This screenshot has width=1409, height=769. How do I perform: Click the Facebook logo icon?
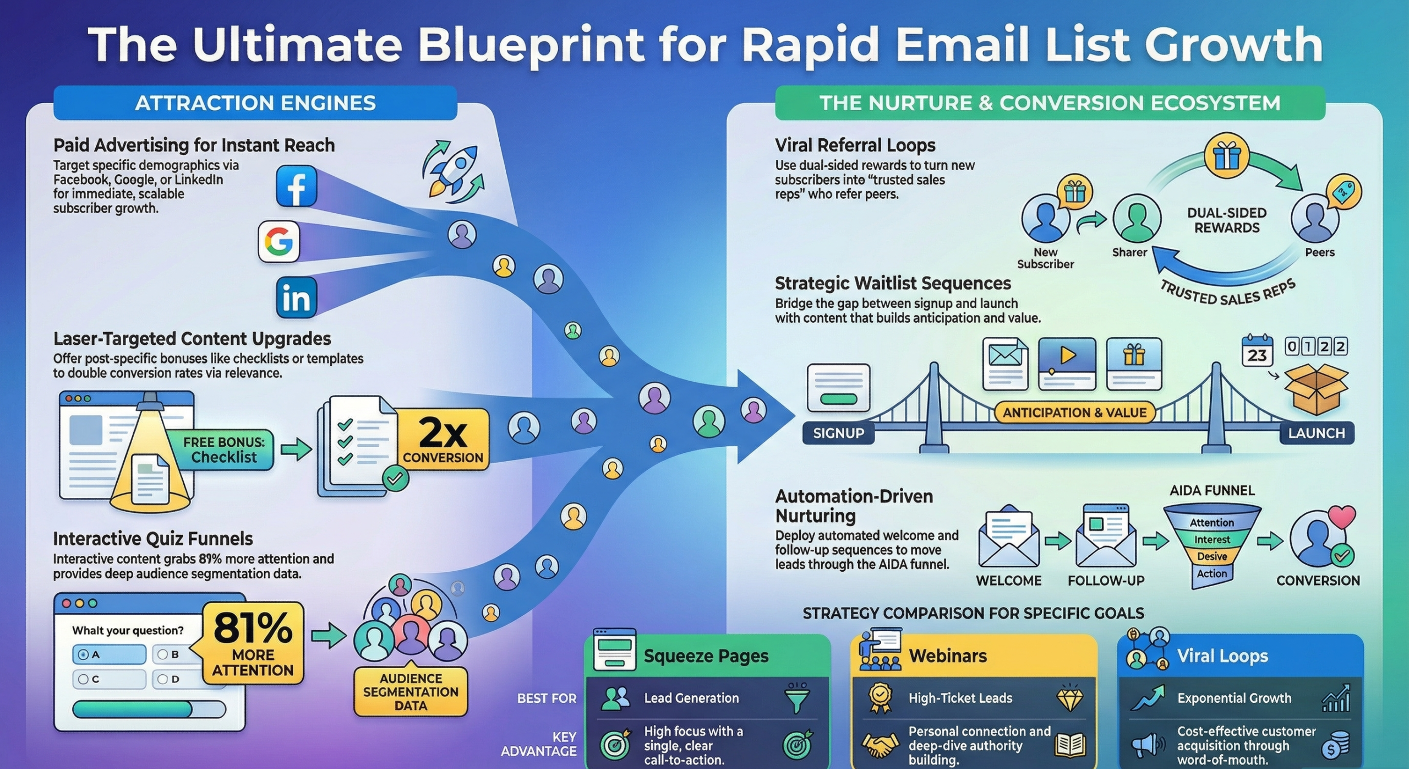click(296, 186)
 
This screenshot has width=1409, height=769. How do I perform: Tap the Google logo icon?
click(278, 241)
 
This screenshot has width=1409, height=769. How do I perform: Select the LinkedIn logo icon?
click(296, 298)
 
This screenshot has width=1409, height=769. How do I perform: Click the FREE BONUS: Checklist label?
click(224, 450)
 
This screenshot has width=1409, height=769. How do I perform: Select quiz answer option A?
click(109, 654)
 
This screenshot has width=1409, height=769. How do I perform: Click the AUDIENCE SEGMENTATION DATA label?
click(411, 692)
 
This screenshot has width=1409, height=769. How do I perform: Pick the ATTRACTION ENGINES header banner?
click(255, 103)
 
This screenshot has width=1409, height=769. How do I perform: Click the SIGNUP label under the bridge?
click(838, 433)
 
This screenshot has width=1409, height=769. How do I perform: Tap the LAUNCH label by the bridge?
click(1316, 433)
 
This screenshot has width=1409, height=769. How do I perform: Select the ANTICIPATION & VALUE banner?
click(1074, 413)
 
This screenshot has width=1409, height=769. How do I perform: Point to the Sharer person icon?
click(1137, 218)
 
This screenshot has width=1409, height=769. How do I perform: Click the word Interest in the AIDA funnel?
click(1212, 539)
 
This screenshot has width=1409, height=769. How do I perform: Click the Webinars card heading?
click(948, 656)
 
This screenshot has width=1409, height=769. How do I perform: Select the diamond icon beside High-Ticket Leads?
click(1069, 698)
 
